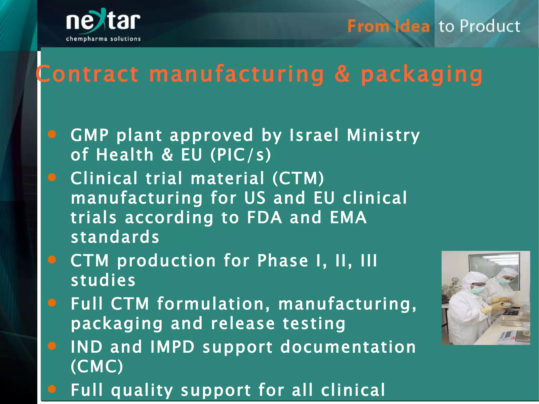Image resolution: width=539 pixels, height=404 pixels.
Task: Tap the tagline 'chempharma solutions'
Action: (103, 39)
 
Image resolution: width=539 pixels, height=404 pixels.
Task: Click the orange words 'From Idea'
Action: (388, 26)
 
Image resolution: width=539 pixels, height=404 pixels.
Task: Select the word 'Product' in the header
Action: (490, 26)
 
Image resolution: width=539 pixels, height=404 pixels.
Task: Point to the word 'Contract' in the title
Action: (87, 74)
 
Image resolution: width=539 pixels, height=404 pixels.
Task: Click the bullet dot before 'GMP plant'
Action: (52, 134)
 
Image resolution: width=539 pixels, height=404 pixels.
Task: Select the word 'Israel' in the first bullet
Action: (314, 135)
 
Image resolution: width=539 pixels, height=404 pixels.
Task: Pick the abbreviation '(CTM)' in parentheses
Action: (298, 178)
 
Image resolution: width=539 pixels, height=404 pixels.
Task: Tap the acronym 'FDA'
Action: (264, 218)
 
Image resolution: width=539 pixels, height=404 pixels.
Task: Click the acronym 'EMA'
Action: (348, 218)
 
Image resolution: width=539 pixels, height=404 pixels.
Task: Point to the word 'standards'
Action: (115, 237)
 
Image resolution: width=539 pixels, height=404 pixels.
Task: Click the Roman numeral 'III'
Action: (369, 261)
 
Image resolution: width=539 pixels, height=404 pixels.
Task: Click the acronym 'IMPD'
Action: (172, 347)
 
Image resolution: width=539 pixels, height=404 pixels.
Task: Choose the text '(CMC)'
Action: (97, 366)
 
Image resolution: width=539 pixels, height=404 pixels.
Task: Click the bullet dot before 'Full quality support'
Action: (52, 389)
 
